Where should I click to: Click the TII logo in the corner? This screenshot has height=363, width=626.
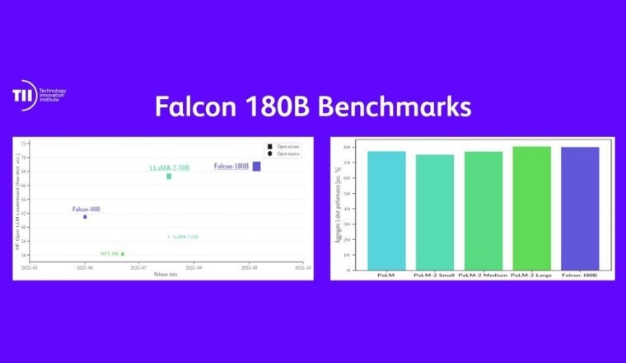tap(24, 95)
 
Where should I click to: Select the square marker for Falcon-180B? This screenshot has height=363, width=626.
tap(256, 167)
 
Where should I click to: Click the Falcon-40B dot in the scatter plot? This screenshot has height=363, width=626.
tap(85, 217)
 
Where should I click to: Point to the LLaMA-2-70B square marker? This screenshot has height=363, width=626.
tap(169, 176)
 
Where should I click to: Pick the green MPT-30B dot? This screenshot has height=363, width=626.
tap(123, 253)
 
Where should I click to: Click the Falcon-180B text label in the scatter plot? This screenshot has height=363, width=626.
tap(231, 167)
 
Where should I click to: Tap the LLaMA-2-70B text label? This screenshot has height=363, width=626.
tap(169, 167)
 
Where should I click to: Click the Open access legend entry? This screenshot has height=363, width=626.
tap(287, 147)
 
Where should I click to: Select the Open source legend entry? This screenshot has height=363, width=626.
tap(287, 153)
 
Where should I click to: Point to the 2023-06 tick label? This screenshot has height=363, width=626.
tap(84, 268)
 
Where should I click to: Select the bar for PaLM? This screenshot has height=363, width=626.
tap(386, 210)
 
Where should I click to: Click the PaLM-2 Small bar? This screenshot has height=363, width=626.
tap(434, 212)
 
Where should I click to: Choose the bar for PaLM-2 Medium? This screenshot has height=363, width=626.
tap(483, 210)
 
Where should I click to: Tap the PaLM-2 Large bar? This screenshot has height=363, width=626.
tap(531, 208)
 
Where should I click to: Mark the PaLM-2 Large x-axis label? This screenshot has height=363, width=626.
tap(531, 275)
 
